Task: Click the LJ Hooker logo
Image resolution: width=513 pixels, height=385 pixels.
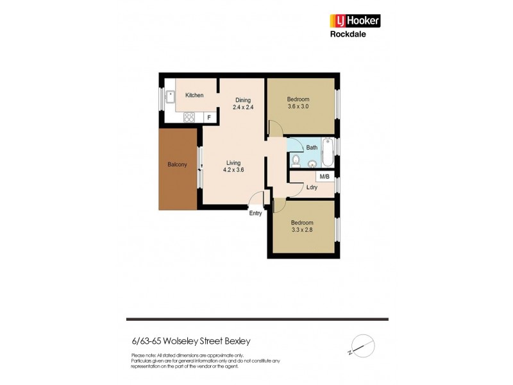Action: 355,21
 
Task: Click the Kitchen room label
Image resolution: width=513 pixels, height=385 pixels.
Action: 194,96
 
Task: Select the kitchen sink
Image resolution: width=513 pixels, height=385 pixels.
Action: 171,98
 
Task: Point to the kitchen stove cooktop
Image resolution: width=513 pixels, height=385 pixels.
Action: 190,117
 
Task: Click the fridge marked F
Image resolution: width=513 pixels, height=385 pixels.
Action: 208,118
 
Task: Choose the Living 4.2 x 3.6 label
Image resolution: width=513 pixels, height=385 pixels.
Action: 233,166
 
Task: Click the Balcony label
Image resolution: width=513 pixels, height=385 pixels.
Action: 177,165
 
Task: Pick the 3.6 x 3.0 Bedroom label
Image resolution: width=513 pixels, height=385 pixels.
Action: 298,103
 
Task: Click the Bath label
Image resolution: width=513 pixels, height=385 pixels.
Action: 312,148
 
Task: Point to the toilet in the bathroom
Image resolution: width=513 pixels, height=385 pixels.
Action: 296,159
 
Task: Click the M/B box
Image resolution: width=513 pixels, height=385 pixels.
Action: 324,176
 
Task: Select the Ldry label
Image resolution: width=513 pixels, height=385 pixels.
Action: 312,188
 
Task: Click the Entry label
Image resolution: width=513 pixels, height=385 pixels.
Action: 255,213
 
